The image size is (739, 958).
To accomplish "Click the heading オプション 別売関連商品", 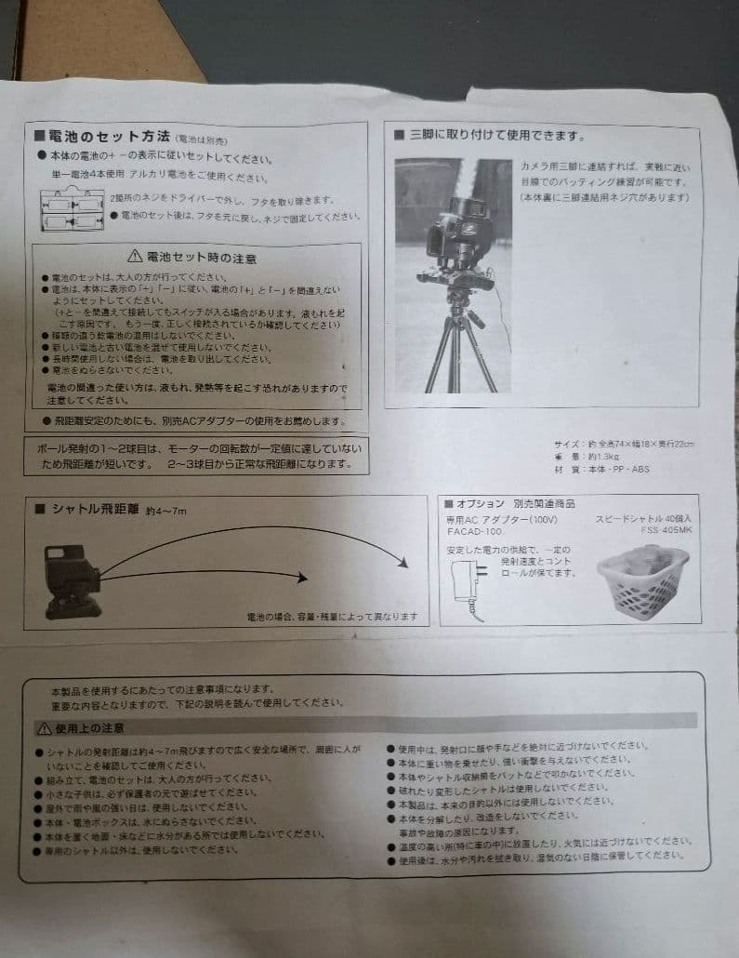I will pos(507,503).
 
